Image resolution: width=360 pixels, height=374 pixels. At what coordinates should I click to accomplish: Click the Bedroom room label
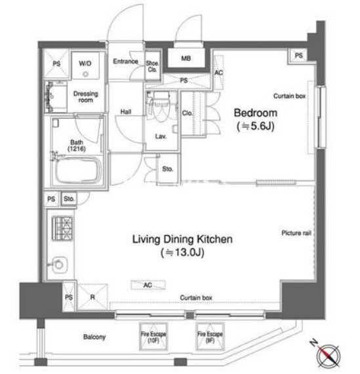(256, 113)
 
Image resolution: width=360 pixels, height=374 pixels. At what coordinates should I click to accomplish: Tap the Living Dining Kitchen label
(182, 239)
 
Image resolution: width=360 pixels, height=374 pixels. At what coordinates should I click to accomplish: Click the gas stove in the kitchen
(62, 228)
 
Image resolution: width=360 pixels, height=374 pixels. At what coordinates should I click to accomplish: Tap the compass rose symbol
(327, 355)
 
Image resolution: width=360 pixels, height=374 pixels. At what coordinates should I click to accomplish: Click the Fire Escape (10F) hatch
(153, 337)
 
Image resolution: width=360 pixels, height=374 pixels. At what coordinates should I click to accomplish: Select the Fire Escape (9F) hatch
(210, 337)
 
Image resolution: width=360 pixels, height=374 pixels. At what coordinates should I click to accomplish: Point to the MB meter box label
(186, 58)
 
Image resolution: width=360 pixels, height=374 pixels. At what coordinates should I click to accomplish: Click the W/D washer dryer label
(85, 64)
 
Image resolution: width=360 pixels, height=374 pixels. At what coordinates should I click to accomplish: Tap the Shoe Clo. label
(152, 66)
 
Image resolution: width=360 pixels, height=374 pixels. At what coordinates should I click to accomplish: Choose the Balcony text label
(94, 337)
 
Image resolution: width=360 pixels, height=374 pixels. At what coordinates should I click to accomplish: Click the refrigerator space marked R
(92, 297)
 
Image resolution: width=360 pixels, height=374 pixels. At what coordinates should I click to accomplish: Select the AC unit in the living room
(148, 285)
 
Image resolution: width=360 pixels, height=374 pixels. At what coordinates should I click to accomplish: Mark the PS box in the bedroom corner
(298, 56)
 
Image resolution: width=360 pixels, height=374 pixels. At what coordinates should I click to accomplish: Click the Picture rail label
(296, 233)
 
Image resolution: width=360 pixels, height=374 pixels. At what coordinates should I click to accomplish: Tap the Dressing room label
(86, 96)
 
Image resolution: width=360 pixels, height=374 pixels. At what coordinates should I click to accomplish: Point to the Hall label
(126, 111)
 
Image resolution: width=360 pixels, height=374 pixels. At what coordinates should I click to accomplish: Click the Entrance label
(125, 62)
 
